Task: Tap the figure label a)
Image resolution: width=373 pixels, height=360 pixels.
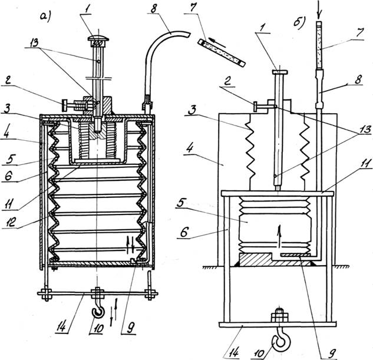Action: click(x=46, y=18)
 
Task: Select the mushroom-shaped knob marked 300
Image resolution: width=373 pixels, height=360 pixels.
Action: click(x=98, y=41)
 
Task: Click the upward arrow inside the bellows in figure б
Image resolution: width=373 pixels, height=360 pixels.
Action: click(x=280, y=236)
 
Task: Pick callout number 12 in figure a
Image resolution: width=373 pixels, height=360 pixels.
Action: click(x=11, y=222)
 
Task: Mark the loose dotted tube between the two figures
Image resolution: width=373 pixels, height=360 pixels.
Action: click(x=222, y=53)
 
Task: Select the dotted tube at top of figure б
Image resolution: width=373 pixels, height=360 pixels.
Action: click(x=319, y=45)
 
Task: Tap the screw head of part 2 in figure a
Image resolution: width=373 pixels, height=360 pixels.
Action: click(x=65, y=105)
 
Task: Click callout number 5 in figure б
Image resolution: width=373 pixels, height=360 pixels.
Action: click(x=181, y=203)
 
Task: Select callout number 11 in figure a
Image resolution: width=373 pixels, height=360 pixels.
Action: click(x=10, y=204)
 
